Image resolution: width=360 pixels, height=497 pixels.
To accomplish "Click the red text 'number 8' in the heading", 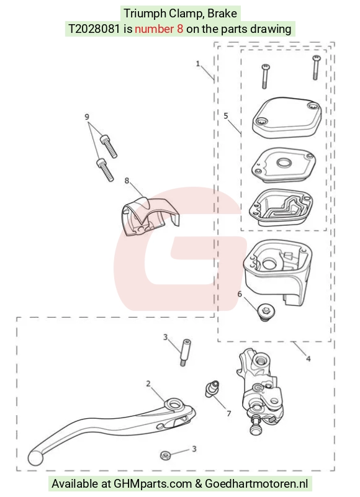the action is tap(159, 29).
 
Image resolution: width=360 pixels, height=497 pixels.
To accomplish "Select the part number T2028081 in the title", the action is tap(94, 29).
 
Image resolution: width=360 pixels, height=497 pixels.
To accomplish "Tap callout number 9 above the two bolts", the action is tap(87, 117).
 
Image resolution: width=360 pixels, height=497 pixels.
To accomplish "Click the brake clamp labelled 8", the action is tap(149, 216).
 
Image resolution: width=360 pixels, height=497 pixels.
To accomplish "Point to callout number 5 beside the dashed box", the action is tap(226, 115).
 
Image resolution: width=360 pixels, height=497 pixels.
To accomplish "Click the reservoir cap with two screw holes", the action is tap(287, 117).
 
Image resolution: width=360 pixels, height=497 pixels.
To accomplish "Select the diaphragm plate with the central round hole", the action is tap(283, 165).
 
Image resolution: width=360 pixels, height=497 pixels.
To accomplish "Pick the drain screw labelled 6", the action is tap(266, 312).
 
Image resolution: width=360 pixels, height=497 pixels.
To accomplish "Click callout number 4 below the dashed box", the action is tap(308, 359).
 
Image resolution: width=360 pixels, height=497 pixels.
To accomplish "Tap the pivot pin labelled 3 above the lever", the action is tap(185, 352).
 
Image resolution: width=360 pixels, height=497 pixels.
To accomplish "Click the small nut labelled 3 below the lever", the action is tap(166, 456).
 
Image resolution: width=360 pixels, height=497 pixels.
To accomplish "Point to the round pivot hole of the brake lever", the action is tap(174, 405).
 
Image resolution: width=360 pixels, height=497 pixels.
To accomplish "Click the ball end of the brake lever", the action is tap(35, 458).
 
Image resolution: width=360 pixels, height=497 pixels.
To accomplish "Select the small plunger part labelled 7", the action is tap(212, 389).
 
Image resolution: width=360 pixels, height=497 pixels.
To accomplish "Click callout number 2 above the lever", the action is tap(148, 384).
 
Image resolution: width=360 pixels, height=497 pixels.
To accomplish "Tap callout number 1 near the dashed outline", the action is tap(198, 64).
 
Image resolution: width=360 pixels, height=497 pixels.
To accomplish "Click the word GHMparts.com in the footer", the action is tap(153, 484).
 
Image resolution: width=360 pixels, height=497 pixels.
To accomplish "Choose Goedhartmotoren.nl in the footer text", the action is tap(256, 484).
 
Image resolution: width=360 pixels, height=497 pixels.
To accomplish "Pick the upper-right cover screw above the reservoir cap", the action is tap(316, 68).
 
